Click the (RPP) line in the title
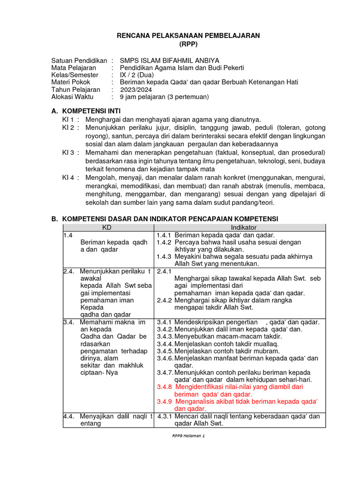(x=188, y=45)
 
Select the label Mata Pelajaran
(x=74, y=67)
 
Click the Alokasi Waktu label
(x=72, y=97)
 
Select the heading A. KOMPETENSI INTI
(x=85, y=111)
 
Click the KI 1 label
(x=70, y=120)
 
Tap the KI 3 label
(x=70, y=153)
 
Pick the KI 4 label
(x=70, y=178)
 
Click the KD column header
(x=108, y=227)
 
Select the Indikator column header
(x=240, y=227)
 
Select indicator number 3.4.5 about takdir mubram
(x=165, y=351)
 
